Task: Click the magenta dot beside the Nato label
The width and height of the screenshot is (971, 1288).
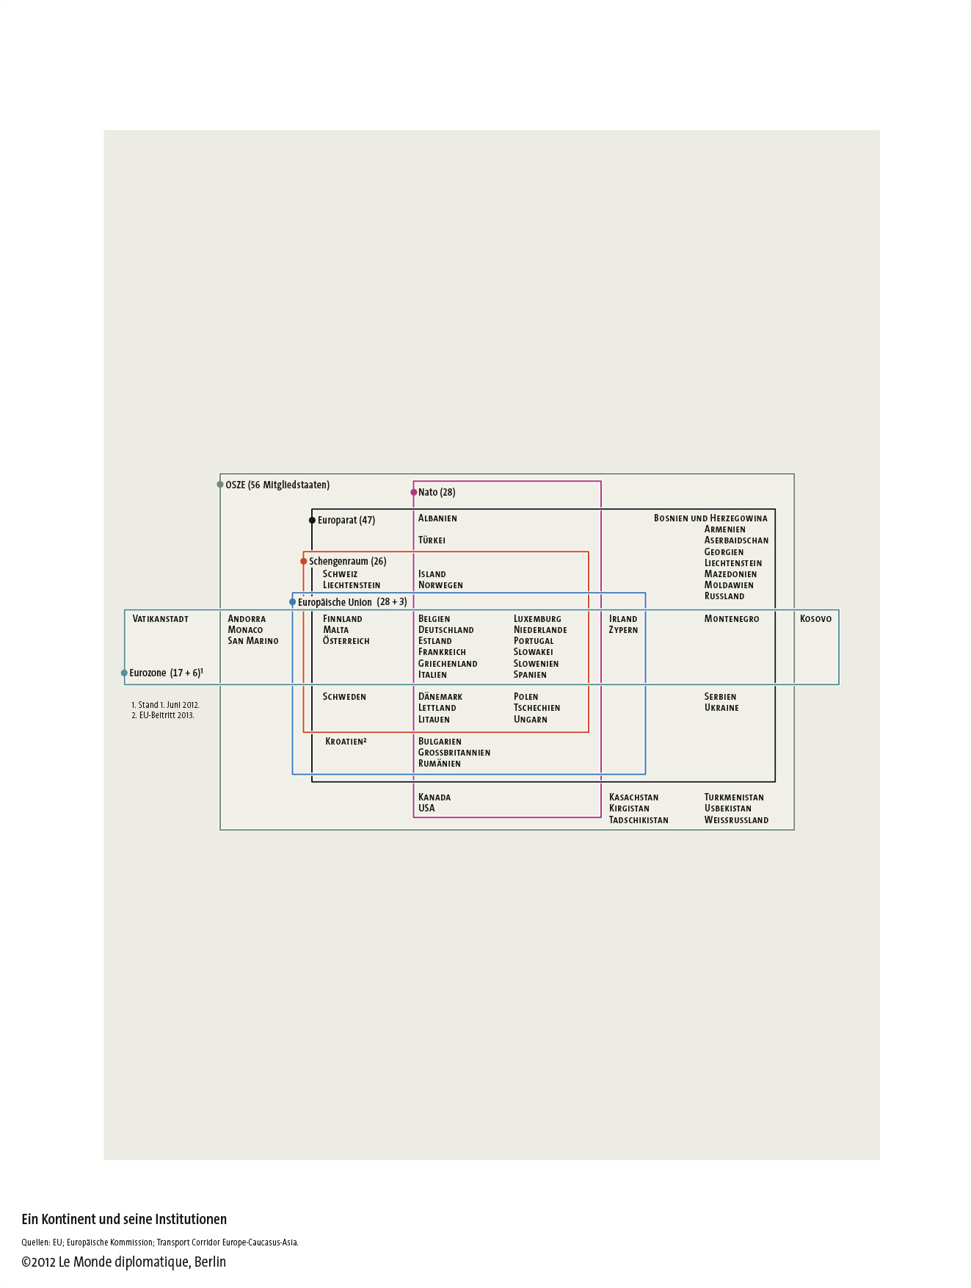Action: pos(414,492)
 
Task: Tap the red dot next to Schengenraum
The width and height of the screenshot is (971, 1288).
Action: pos(304,561)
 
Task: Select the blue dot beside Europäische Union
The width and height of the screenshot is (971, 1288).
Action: pos(293,602)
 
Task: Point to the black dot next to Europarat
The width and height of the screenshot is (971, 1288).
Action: pos(312,520)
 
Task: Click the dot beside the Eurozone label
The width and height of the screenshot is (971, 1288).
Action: pos(124,673)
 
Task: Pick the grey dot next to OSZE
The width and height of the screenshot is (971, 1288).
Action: pos(220,485)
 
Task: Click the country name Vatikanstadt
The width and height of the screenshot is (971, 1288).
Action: pos(160,619)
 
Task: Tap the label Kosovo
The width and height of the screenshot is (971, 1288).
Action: pos(815,619)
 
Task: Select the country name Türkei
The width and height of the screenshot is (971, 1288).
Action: pos(432,540)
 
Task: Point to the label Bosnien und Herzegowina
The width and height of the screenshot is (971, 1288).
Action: pos(710,518)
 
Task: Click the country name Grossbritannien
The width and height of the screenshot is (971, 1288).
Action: pos(454,753)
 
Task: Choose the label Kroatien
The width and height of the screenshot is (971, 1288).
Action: pos(346,742)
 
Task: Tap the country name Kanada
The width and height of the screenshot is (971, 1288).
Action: pos(434,797)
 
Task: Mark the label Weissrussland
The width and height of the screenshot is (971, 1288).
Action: pos(736,820)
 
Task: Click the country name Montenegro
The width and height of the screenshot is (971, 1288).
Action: pos(732,619)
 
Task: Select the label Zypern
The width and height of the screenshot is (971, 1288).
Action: pos(623,630)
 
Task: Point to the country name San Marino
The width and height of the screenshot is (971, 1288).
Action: pos(253,641)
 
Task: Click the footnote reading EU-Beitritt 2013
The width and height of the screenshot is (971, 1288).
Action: pos(163,715)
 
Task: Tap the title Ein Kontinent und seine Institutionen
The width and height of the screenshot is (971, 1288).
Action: pos(124,1220)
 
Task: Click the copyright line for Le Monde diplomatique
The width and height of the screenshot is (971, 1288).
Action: pos(123,1262)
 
